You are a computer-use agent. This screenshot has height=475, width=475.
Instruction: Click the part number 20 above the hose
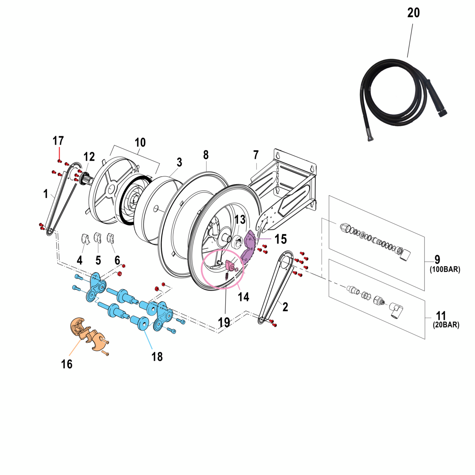(x=413, y=13)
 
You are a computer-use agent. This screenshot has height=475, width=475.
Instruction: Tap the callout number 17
(x=58, y=141)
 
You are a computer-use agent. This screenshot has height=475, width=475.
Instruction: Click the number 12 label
(x=89, y=157)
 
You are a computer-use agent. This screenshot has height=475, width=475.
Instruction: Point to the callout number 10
(x=140, y=142)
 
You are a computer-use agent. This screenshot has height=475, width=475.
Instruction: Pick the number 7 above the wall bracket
(x=256, y=155)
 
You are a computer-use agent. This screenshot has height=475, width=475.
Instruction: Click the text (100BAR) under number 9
(x=445, y=269)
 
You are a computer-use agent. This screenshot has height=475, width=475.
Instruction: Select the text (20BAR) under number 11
(x=446, y=325)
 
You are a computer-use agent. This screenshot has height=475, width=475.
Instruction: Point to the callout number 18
(x=157, y=357)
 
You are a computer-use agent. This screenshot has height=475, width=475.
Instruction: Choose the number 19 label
(x=224, y=322)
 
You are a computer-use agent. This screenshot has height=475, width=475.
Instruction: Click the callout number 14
(x=243, y=297)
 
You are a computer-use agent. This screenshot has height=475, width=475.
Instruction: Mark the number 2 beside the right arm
(x=285, y=307)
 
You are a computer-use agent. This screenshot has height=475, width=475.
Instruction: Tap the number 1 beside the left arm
(x=46, y=194)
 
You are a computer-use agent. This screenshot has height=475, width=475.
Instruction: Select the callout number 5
(x=98, y=260)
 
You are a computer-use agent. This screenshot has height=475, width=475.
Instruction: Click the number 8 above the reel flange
(x=206, y=155)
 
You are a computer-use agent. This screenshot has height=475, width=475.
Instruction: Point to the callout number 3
(x=179, y=162)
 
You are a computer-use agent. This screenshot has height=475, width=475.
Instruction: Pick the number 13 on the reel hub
(x=240, y=219)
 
